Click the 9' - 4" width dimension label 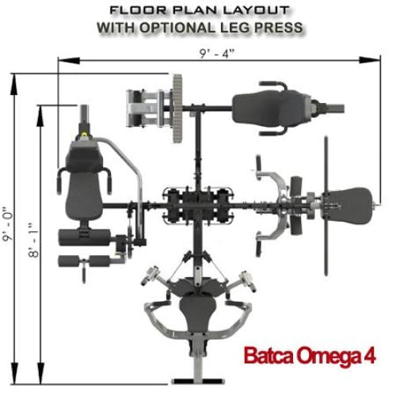tap(217, 54)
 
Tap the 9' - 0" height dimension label tap(8, 224)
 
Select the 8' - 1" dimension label tap(34, 240)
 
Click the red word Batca tap(268, 356)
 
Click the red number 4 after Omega tap(370, 356)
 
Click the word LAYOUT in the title tap(257, 10)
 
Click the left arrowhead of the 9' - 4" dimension tap(69, 60)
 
